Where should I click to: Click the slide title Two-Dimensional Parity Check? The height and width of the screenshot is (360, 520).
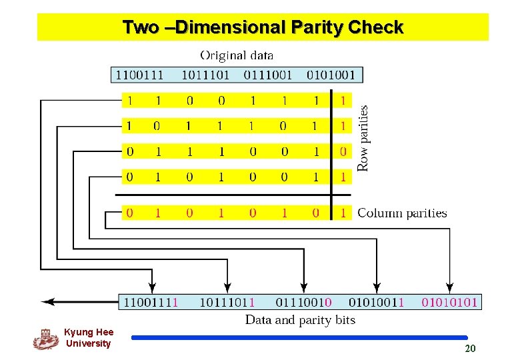click(263, 27)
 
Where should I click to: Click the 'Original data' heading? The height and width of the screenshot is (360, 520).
click(237, 55)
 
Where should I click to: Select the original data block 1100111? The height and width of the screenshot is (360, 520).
click(140, 74)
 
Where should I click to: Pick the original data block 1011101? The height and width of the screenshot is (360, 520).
click(205, 74)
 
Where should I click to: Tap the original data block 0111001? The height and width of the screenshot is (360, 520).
click(267, 74)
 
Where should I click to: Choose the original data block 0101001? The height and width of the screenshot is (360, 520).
click(331, 74)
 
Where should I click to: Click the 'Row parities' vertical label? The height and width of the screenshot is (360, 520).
click(364, 139)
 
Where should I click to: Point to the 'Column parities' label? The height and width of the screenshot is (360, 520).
click(402, 213)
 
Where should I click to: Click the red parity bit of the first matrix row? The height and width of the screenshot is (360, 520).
click(343, 101)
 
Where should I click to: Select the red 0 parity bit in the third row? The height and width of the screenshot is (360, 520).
click(343, 151)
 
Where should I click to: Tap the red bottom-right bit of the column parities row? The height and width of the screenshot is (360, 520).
click(343, 213)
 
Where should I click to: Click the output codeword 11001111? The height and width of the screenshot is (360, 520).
click(151, 302)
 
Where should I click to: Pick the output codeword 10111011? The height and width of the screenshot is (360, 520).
click(227, 302)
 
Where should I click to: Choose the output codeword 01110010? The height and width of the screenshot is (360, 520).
click(303, 302)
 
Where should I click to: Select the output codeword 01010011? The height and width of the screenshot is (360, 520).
click(377, 302)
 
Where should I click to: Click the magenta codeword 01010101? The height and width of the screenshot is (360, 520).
click(449, 302)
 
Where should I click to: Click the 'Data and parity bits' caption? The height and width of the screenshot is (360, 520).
click(300, 320)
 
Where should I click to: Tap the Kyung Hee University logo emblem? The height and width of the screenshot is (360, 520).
click(46, 339)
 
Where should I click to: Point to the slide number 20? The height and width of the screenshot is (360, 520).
click(470, 349)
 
